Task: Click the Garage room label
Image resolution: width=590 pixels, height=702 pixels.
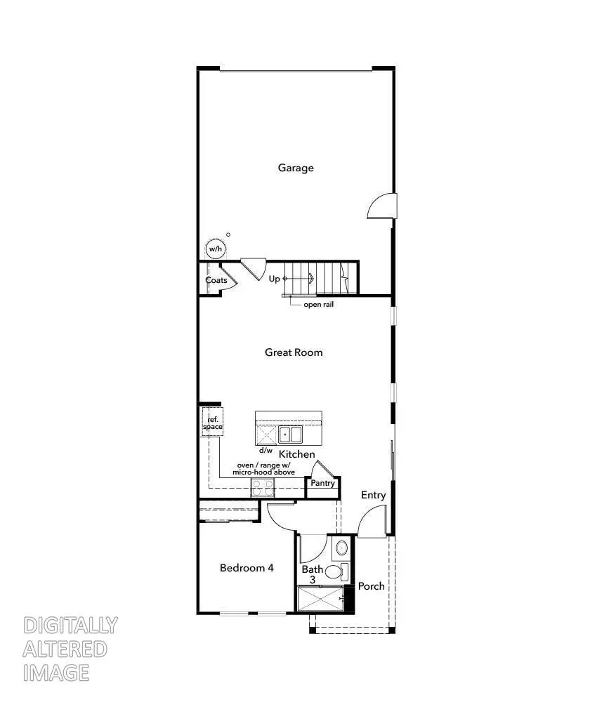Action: click(296, 168)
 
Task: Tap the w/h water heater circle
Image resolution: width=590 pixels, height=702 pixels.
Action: click(214, 249)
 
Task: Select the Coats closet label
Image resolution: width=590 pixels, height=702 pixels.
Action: click(216, 280)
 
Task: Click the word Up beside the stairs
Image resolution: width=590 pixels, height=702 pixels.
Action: click(275, 279)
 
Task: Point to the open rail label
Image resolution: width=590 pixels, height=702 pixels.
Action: click(318, 305)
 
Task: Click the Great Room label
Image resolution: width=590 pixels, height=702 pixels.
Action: click(294, 352)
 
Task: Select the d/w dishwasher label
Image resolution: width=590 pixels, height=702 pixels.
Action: click(265, 450)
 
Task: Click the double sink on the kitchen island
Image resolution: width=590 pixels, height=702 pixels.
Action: click(290, 435)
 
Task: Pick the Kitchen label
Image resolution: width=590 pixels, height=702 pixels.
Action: click(297, 455)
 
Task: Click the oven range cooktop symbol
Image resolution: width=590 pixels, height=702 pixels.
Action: click(262, 488)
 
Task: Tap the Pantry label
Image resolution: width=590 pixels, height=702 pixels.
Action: click(323, 484)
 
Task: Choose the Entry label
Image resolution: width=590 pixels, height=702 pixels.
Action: click(374, 495)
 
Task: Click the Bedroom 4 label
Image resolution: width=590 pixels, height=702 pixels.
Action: click(247, 568)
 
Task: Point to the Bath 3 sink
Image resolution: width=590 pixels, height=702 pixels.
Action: click(341, 548)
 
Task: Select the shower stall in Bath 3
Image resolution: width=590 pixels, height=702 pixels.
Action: click(320, 599)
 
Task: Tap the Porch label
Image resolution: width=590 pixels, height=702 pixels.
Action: click(372, 585)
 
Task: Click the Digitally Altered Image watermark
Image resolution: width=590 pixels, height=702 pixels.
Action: click(70, 649)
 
